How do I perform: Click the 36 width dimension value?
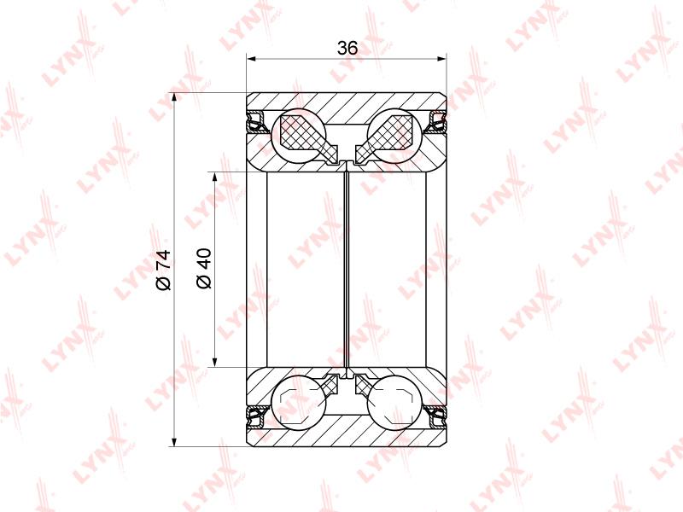click(x=347, y=48)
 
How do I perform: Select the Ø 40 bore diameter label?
click(x=204, y=268)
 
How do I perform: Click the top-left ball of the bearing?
click(x=298, y=134)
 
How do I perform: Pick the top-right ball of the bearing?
click(x=395, y=134)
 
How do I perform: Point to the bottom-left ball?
click(x=298, y=402)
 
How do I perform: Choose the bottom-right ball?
click(x=395, y=402)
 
